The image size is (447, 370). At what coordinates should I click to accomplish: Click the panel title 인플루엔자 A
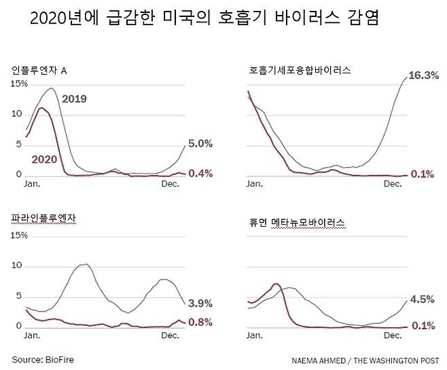pyautogui.click(x=39, y=70)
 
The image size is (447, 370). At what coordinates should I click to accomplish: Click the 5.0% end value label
pyautogui.click(x=200, y=144)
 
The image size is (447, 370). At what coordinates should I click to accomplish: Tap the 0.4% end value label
pyautogui.click(x=200, y=174)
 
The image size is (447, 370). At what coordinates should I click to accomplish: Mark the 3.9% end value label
pyautogui.click(x=200, y=303)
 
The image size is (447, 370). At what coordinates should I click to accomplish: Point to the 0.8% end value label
pyautogui.click(x=200, y=322)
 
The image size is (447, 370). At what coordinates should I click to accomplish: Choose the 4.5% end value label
pyautogui.click(x=421, y=298)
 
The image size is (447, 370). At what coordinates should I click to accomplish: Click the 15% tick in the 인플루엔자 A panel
pyautogui.click(x=19, y=84)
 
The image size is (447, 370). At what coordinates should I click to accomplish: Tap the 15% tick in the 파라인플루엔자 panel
pyautogui.click(x=19, y=236)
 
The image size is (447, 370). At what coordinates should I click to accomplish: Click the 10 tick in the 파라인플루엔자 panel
pyautogui.click(x=19, y=267)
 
